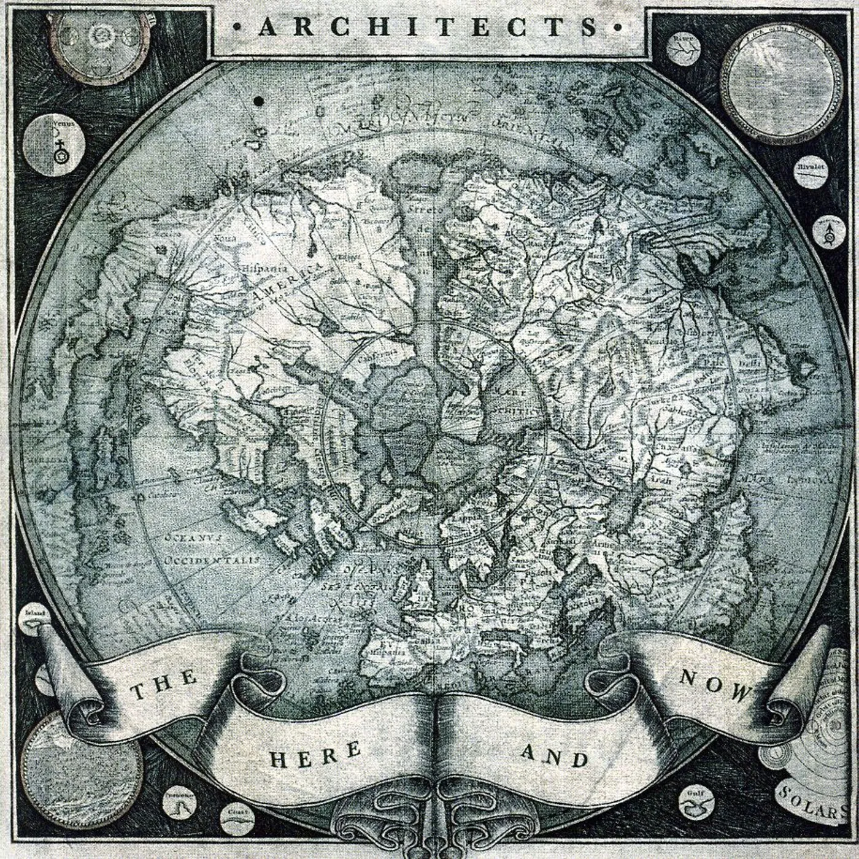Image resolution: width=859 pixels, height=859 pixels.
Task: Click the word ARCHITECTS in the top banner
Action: coord(429,27)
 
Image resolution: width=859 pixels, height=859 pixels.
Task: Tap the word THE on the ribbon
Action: coord(164,685)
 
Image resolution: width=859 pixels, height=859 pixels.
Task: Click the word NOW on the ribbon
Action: coord(714,685)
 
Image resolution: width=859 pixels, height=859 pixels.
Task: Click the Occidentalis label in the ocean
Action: coord(212,560)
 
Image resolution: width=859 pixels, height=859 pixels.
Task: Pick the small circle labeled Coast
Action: coord(236,816)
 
